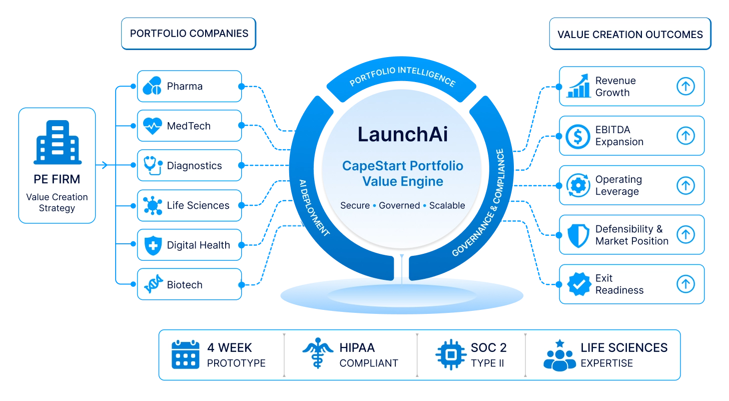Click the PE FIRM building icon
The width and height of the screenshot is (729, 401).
[x=58, y=142]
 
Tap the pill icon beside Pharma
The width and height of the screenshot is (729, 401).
[x=152, y=86]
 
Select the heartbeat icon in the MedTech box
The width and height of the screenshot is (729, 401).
[x=152, y=126]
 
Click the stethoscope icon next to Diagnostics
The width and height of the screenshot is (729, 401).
[x=153, y=166]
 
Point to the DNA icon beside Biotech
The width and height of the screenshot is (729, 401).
[x=153, y=284]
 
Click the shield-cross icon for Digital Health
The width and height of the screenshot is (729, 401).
[x=153, y=245]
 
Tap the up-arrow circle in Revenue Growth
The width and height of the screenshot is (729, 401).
[x=685, y=86]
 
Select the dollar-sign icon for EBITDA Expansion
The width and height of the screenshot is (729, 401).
[x=578, y=137]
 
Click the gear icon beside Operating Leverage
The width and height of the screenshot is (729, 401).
[x=578, y=185]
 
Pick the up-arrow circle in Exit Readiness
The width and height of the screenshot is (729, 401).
[x=685, y=284]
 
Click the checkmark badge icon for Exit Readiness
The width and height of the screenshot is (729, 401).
[x=579, y=284]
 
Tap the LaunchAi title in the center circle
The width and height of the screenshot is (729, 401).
[x=403, y=134]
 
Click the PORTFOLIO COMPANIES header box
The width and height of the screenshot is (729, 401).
[x=189, y=34]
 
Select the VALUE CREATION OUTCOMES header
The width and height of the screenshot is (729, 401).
[x=630, y=34]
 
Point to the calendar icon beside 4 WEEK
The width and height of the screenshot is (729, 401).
[x=185, y=354]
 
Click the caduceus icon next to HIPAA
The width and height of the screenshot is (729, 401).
[x=318, y=353]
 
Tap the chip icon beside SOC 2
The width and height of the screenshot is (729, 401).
[x=451, y=355]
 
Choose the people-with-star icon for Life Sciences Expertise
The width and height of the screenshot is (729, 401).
[x=559, y=355]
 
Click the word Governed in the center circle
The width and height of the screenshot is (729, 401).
[x=399, y=206]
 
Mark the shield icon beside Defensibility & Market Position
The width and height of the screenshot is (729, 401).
[x=578, y=235]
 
